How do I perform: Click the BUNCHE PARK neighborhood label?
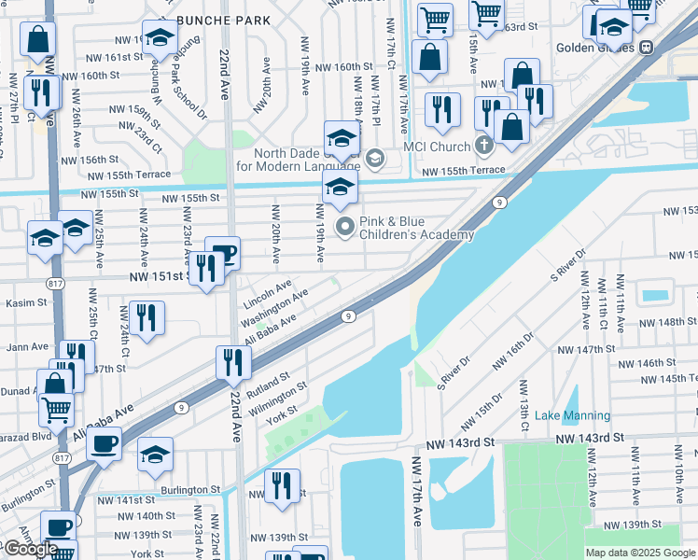click(223, 20)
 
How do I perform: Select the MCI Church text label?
click(437, 147)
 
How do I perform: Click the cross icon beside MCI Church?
click(482, 146)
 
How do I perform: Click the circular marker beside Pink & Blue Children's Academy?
click(345, 225)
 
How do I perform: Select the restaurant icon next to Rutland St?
click(232, 361)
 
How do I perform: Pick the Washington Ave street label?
click(273, 307)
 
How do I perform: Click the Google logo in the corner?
click(31, 549)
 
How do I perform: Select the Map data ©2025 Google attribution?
click(640, 553)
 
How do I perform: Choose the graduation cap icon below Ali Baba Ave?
click(155, 454)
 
